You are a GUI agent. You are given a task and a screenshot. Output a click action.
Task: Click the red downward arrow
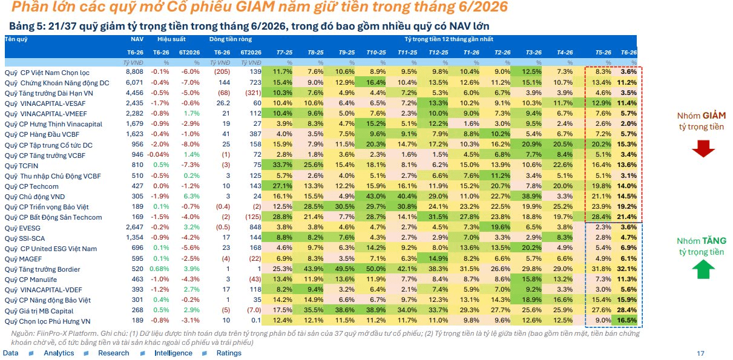pyautogui.click(x=703, y=149)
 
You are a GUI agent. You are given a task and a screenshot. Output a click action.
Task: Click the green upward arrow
pyautogui.click(x=703, y=269)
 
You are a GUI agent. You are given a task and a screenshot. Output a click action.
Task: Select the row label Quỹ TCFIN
pyautogui.click(x=21, y=166)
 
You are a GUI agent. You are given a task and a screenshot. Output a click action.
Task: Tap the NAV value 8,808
pyautogui.click(x=134, y=71)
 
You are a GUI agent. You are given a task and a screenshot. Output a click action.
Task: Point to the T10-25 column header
pyautogui.click(x=376, y=52)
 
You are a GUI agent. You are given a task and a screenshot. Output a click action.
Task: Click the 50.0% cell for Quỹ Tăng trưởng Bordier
pyautogui.click(x=376, y=269)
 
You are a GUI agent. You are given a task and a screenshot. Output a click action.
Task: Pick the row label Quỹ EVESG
pyautogui.click(x=22, y=228)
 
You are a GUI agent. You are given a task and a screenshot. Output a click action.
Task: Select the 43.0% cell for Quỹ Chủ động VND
pyautogui.click(x=376, y=196)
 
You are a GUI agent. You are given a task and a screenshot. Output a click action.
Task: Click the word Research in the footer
pyautogui.click(x=114, y=353)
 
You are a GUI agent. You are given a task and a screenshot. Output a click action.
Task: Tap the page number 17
pyautogui.click(x=700, y=353)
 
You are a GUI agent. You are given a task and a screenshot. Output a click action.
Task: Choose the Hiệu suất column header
pyautogui.click(x=171, y=39)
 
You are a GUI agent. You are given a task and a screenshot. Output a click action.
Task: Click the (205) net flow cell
pyautogui.click(x=222, y=71)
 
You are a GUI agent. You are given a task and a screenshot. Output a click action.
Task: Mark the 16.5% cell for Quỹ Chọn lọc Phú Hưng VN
pyautogui.click(x=627, y=320)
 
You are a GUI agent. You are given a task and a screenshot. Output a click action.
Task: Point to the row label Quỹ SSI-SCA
pyautogui.click(x=25, y=238)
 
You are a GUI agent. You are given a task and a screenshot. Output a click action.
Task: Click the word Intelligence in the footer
pyautogui.click(x=174, y=353)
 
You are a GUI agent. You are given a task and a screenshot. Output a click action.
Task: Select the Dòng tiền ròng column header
pyautogui.click(x=231, y=39)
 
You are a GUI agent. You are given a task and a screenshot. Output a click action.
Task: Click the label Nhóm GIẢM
pyautogui.click(x=702, y=116)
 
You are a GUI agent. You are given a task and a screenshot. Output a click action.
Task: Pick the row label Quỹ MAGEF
pyautogui.click(x=23, y=259)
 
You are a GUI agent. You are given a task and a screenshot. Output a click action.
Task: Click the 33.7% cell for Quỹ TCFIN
pyautogui.click(x=283, y=165)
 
